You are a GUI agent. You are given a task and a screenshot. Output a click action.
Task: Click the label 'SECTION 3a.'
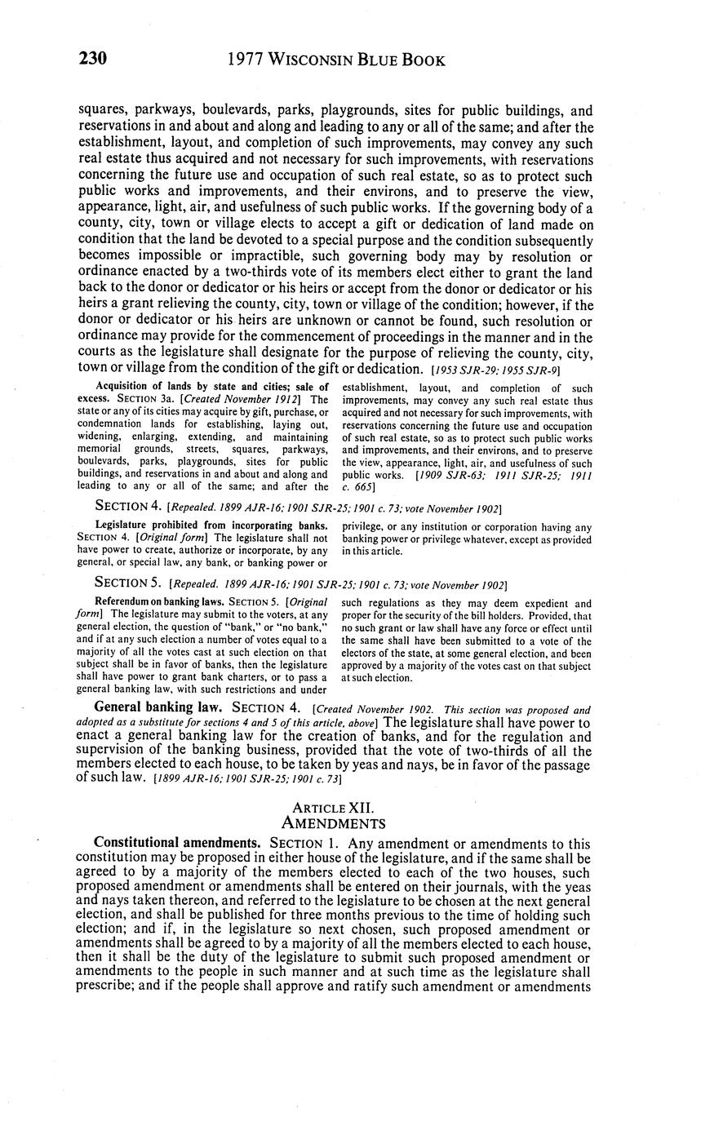(158, 399)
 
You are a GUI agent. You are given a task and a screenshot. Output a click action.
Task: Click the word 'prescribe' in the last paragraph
(107, 986)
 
